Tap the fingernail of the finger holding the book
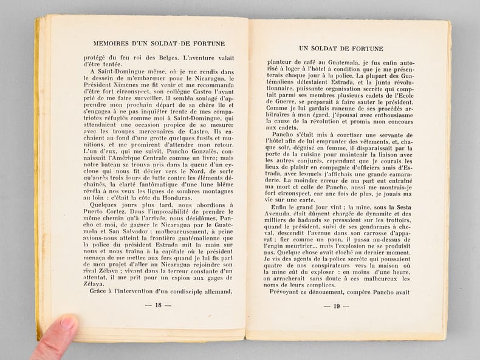click(66, 322)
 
